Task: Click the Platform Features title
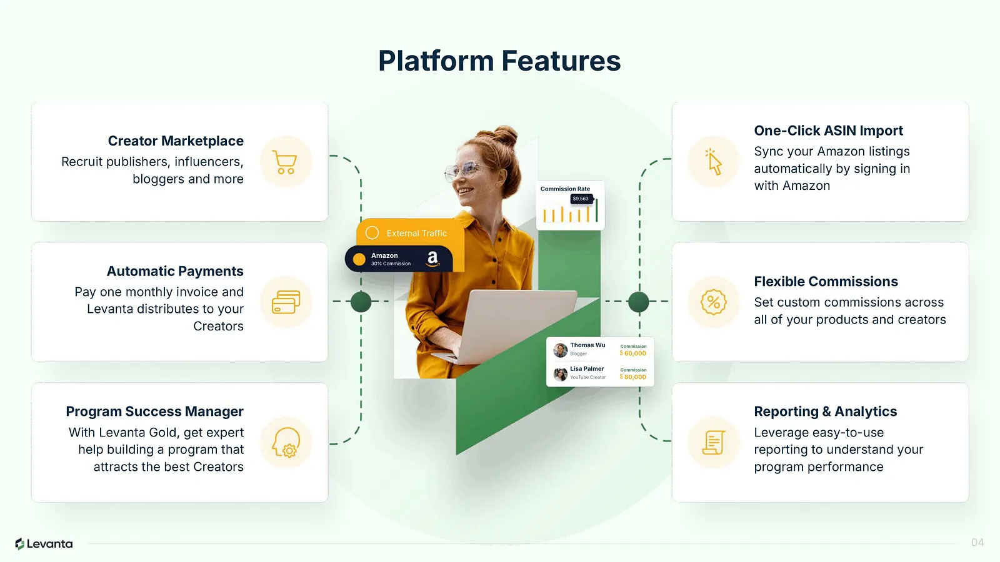[499, 61]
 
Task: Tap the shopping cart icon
[286, 162]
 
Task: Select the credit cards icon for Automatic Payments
[286, 302]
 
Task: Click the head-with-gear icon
[286, 443]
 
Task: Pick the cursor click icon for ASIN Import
[713, 162]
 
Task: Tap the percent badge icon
[713, 302]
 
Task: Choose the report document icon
[713, 443]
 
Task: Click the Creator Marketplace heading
[176, 141]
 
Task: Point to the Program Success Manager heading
[154, 412]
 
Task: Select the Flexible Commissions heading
[826, 282]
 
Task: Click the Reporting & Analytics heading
[825, 412]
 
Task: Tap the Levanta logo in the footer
[44, 544]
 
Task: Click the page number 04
[977, 543]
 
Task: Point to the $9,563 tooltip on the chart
[581, 199]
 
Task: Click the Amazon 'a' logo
[432, 259]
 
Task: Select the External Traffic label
[416, 234]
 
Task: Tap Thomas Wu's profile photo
[561, 350]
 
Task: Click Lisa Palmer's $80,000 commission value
[634, 377]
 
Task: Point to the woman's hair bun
[504, 136]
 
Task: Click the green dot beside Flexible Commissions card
[638, 302]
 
